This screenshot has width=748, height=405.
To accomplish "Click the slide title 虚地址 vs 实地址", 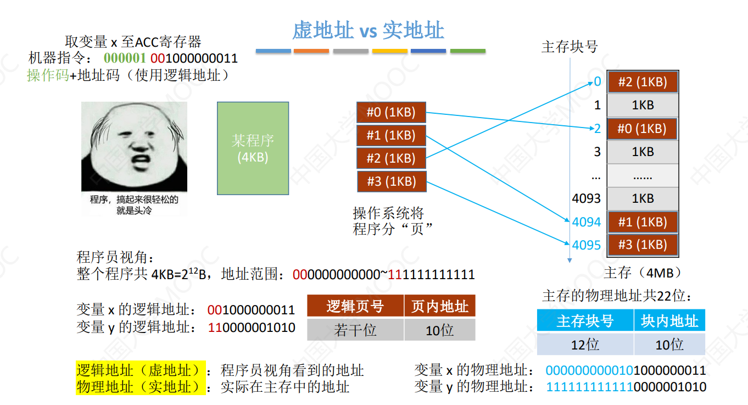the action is (x=367, y=31).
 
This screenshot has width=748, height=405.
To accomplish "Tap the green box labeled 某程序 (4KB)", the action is (x=253, y=148).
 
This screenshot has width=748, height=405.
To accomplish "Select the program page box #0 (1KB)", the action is (x=391, y=113).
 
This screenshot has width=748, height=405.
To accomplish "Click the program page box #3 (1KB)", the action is (x=391, y=181).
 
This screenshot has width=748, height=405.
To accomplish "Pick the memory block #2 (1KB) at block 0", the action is (x=642, y=82).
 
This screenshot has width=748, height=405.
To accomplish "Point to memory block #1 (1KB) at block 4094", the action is (x=642, y=222).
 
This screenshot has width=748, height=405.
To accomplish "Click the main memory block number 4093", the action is (x=587, y=198).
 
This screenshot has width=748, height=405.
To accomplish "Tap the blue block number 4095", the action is (x=587, y=245).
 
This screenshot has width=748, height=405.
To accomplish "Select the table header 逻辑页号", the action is (x=355, y=306).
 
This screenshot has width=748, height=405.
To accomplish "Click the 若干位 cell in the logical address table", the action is (x=355, y=330).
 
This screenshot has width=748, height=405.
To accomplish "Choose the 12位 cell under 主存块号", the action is (x=585, y=345).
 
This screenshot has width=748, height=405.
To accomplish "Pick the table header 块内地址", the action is (x=669, y=321).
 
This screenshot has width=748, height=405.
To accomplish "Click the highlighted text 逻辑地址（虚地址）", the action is (x=141, y=370).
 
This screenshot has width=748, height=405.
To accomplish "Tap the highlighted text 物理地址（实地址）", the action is (x=141, y=387).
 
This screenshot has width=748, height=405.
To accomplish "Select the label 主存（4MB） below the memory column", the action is (x=643, y=273).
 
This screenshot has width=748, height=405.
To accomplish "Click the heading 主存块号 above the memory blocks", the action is (x=570, y=47).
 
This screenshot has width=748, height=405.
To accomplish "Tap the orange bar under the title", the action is (x=311, y=51).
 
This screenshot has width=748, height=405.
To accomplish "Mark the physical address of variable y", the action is (x=626, y=387).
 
